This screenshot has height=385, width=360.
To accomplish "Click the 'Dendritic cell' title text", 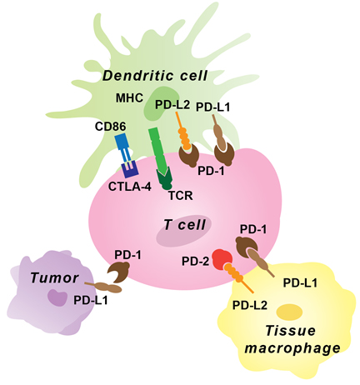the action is pos(155,76).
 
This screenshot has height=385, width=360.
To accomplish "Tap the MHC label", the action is pos(129,97).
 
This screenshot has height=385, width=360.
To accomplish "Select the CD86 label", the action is pos(111,127).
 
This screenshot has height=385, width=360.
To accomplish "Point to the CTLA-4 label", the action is pos(130,187).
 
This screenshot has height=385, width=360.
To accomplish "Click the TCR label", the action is pos(181,196).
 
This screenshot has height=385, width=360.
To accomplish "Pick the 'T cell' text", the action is pos(185,225).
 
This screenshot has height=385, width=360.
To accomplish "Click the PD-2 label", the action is pos(195,261).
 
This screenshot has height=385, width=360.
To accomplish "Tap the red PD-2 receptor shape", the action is pos(222,259).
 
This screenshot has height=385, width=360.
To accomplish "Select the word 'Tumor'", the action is pos(54,277).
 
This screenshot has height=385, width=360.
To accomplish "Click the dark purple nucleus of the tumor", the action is pos(57,297).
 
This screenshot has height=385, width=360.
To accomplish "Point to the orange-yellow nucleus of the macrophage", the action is pos(289,312).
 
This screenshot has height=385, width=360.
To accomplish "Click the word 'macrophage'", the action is pos(292,348).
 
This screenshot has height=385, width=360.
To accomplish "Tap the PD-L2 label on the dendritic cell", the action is pos(172,105).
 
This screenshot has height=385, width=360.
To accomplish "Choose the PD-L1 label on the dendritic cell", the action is pos(213,107).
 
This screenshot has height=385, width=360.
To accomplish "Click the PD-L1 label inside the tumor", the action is pos(91,300).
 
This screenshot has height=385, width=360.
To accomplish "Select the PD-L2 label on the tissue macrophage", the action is pos(250,305).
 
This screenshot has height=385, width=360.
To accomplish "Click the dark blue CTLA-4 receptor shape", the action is pos(130,169).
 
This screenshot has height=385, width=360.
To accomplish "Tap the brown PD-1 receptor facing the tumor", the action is pos(118,272).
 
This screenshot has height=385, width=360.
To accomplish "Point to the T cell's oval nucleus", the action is pos(183,231).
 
